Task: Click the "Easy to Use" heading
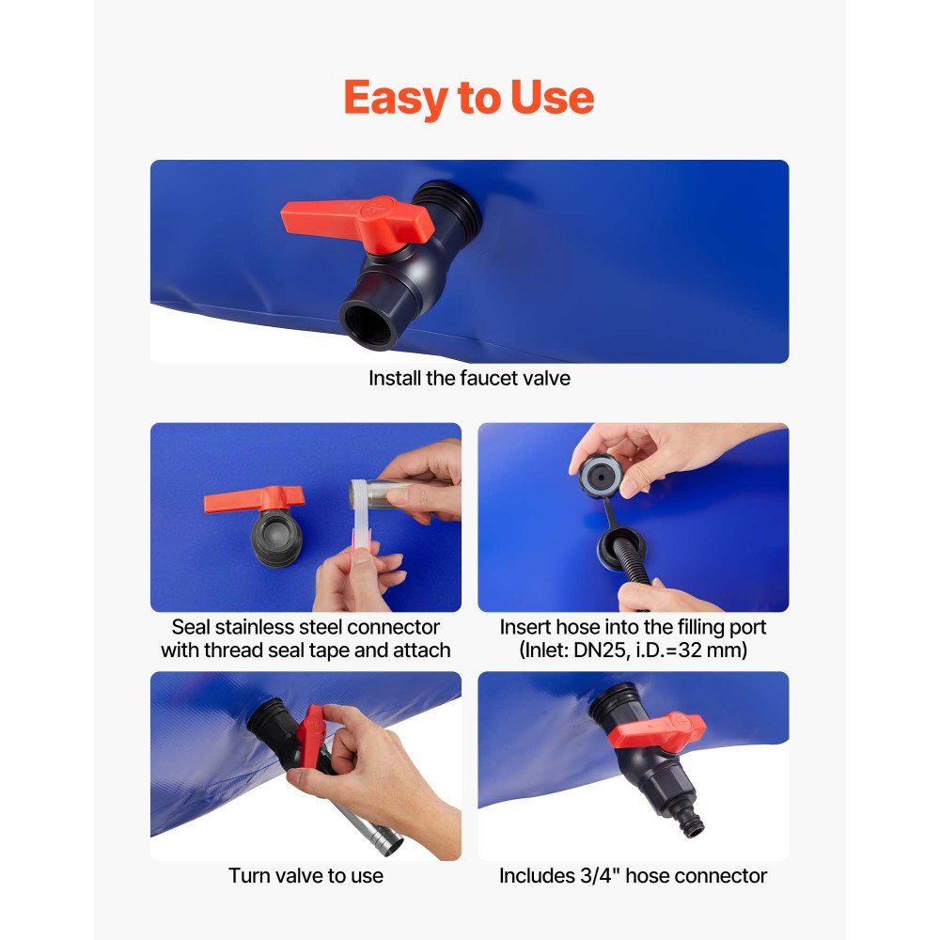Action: click(469, 98)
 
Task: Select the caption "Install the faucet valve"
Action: click(469, 379)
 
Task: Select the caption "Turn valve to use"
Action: click(305, 875)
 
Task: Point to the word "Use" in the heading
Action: click(552, 98)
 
